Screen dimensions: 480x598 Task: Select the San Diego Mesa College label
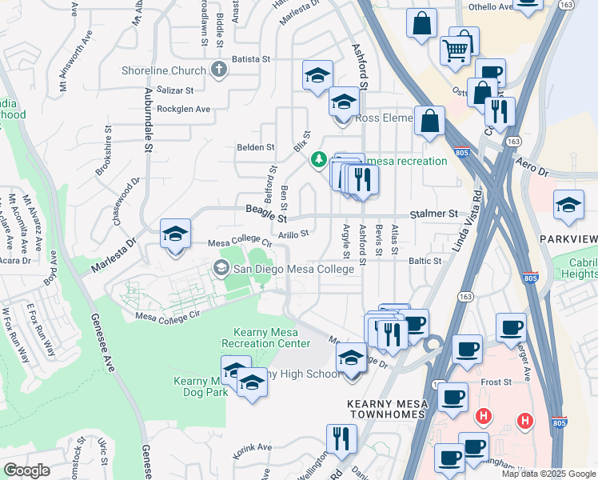click(x=293, y=269)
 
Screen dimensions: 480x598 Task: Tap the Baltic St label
click(x=425, y=261)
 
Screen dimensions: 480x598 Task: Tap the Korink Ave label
click(x=253, y=447)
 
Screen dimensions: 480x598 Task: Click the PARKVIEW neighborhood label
click(x=568, y=240)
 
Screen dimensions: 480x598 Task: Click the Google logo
click(x=26, y=470)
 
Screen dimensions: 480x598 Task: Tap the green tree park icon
click(x=319, y=161)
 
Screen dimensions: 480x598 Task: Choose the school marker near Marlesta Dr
click(x=175, y=234)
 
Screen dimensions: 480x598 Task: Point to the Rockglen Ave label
click(x=183, y=109)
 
